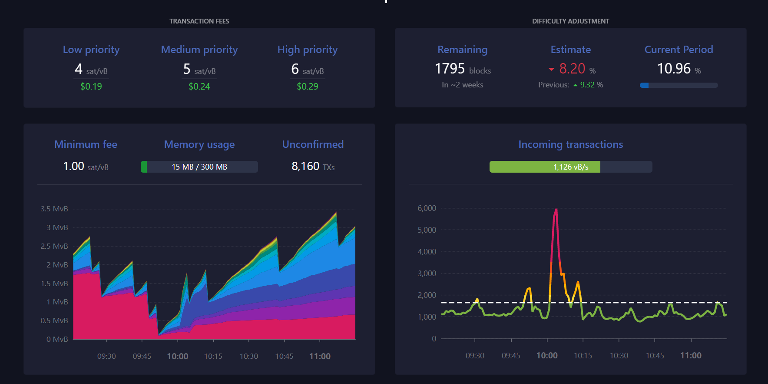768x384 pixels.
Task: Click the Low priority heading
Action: pyautogui.click(x=91, y=50)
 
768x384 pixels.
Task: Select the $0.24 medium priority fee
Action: pyautogui.click(x=199, y=87)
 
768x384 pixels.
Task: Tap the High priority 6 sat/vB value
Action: pyautogui.click(x=308, y=69)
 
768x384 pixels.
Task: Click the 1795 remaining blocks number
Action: pyautogui.click(x=450, y=69)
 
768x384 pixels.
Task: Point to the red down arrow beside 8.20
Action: pyautogui.click(x=551, y=69)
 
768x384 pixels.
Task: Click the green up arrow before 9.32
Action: pyautogui.click(x=575, y=85)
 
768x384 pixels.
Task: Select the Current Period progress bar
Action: pyautogui.click(x=679, y=85)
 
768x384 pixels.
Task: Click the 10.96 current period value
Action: pyautogui.click(x=674, y=69)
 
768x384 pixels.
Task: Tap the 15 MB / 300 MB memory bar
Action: pyautogui.click(x=199, y=167)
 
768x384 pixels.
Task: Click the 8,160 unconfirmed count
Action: pyautogui.click(x=305, y=166)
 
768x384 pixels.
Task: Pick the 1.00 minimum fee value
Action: pyautogui.click(x=73, y=166)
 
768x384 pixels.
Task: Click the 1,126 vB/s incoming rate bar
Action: pyautogui.click(x=571, y=167)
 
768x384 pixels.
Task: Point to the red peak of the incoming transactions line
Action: pyautogui.click(x=556, y=210)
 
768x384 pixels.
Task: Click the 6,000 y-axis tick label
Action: pyautogui.click(x=427, y=208)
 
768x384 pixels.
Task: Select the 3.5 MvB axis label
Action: pyautogui.click(x=54, y=209)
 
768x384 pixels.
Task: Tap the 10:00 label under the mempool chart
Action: pyautogui.click(x=178, y=356)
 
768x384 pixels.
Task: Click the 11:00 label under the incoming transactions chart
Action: pyautogui.click(x=691, y=355)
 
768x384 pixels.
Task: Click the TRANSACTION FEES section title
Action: pyautogui.click(x=199, y=21)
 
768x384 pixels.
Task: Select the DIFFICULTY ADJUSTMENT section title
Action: pyautogui.click(x=571, y=21)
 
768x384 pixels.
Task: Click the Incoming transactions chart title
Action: pyautogui.click(x=571, y=144)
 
